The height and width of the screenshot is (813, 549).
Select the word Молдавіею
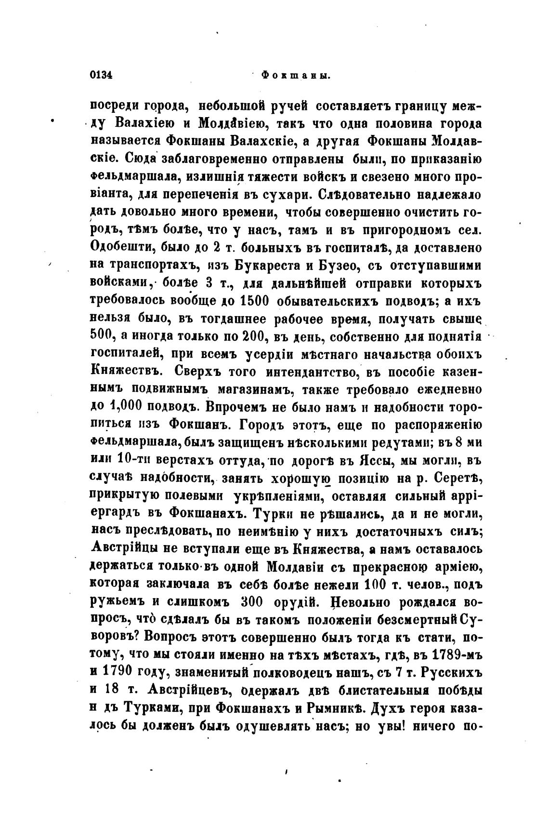[x=231, y=124]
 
